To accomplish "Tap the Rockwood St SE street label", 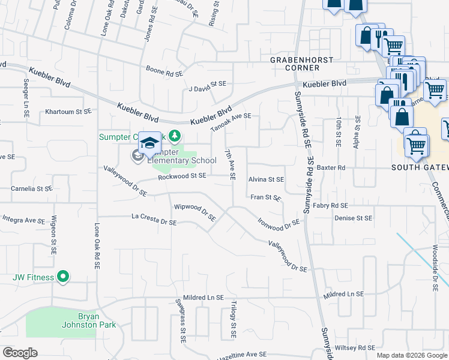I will coord(182,176).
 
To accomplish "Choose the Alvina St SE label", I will coord(266,179).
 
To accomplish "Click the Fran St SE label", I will coord(266,197).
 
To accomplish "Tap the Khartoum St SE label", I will coord(68,112).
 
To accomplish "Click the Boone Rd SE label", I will coord(164,73).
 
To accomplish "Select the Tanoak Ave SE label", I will coord(231,122).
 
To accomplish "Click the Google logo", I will coord(20,352).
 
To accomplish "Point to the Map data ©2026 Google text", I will coord(411,355).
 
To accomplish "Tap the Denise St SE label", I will coord(354,218).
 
